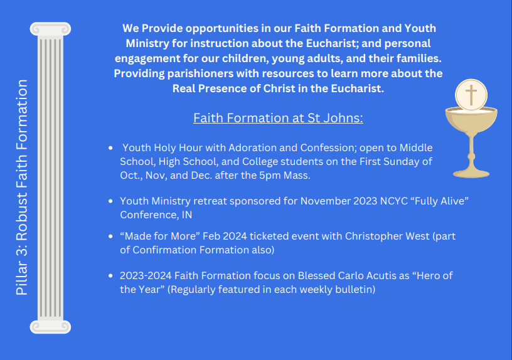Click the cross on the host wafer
point(471,95)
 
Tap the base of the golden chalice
point(471,173)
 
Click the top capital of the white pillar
point(50,29)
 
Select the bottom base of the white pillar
point(50,327)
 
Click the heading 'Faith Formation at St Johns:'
point(278,118)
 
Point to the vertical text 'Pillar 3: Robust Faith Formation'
point(21,188)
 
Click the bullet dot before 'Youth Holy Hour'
point(110,148)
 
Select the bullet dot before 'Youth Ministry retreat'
point(110,201)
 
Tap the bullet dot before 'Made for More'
point(110,236)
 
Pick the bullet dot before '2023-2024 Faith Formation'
point(110,276)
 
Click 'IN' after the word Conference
point(187,215)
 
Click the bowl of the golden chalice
point(471,121)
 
